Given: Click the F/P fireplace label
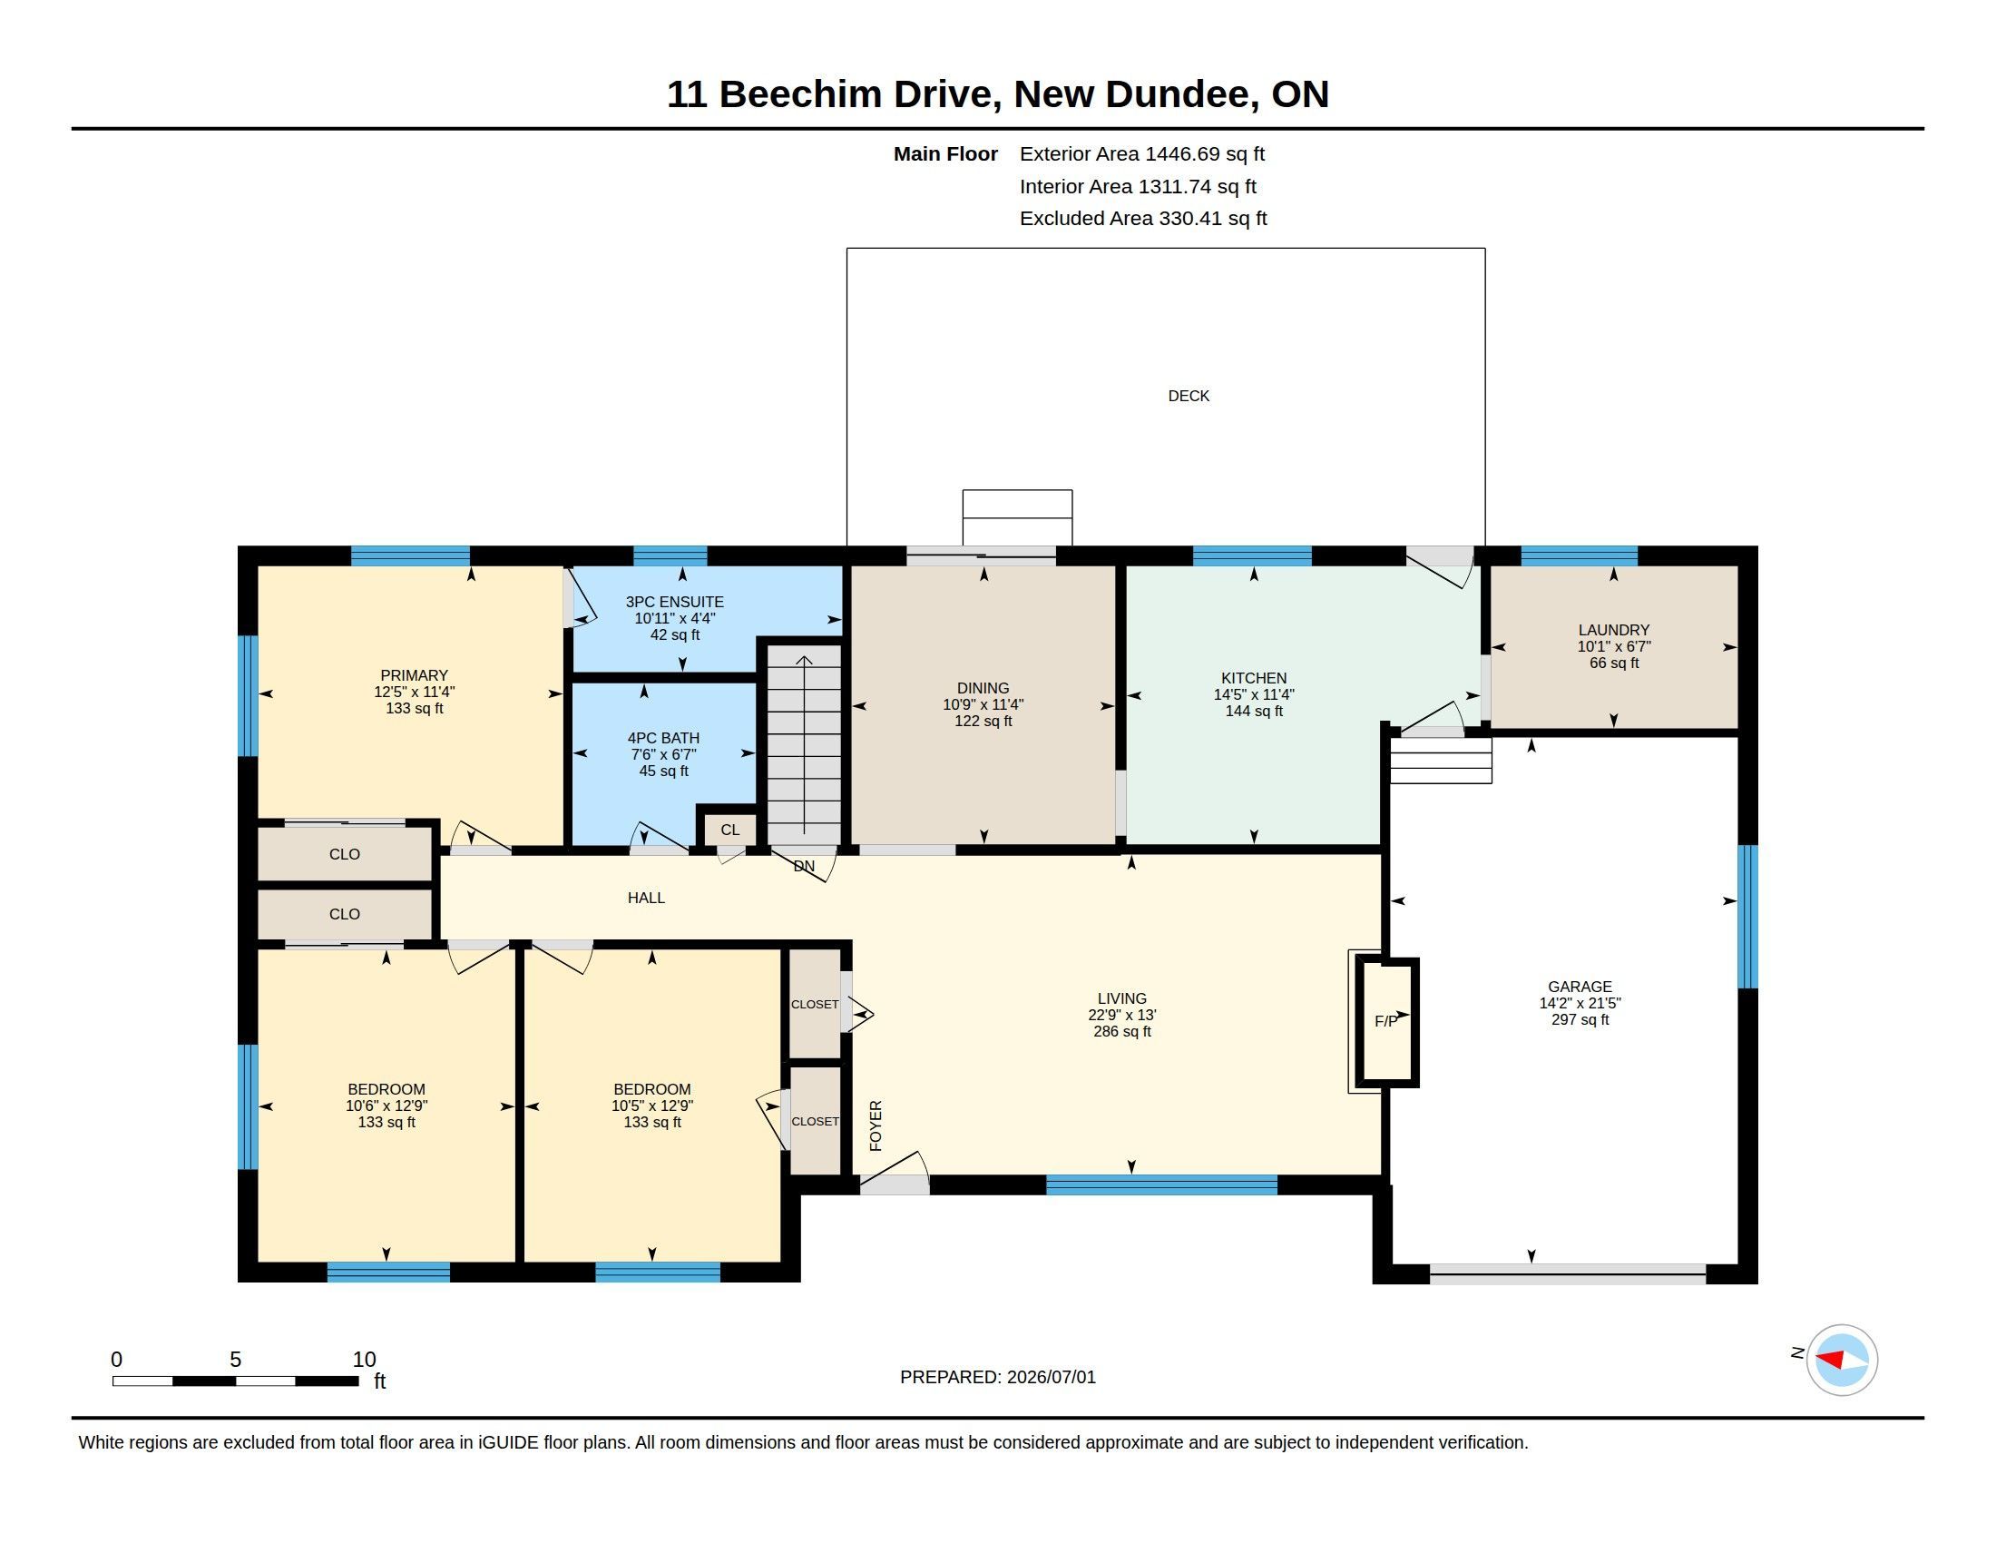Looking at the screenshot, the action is pos(1385,1021).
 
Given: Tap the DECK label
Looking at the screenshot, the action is pos(1189,396).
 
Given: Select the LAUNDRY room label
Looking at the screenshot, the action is pos(1613,630).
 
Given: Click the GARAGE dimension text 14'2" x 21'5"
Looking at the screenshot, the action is pos(1580,1003).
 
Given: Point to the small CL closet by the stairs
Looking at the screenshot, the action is pos(729,830).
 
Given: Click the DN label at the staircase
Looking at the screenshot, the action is pos(803,866).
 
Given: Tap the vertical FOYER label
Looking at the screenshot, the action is pos(876,1125).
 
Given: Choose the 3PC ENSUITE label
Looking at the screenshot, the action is pos(674,602).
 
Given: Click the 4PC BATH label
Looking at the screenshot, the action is pos(663,738).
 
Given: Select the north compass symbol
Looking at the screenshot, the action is pos(1841,1360).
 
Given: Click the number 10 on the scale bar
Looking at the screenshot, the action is pos(364,1360).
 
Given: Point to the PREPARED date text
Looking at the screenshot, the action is pos(997,1377).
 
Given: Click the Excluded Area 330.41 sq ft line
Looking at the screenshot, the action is pos(1142,219).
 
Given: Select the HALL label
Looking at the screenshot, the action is pos(646,898).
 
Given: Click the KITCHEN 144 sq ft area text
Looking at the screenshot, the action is pos(1253,712).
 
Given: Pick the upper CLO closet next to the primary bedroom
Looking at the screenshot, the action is pos(345,854).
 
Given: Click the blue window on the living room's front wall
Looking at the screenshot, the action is pos(1160,1184).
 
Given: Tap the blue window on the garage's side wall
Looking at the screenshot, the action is pos(1746,917).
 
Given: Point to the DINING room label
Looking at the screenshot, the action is pos(983,688).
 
